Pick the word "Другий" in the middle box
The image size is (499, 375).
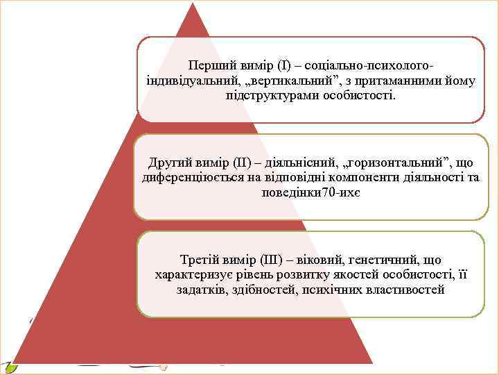click(x=168, y=163)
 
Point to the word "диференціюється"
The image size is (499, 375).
click(x=188, y=177)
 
